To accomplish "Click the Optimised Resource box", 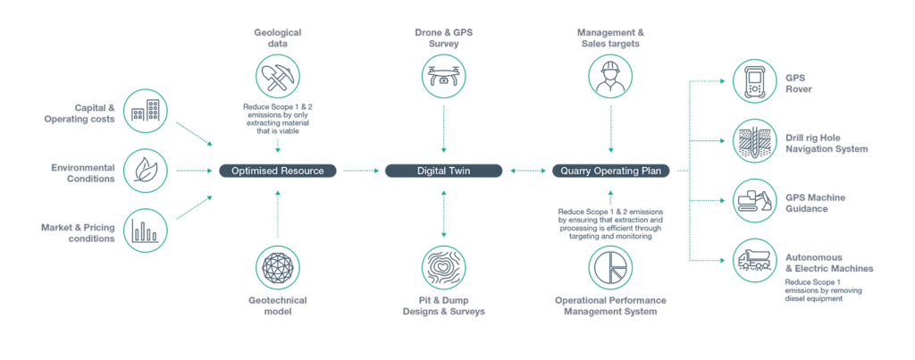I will [x=278, y=170].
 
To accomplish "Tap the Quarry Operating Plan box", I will [x=612, y=170].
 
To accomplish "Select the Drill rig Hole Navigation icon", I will [x=753, y=141].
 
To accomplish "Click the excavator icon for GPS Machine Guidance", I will [x=753, y=200].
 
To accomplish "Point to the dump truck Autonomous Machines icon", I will [x=753, y=260].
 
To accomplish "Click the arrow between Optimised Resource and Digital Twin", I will [x=361, y=170].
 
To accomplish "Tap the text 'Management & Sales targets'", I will [x=612, y=38].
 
